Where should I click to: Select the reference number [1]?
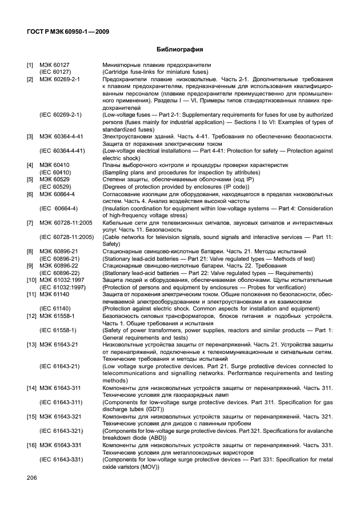coord(30,66)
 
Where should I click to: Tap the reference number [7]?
coord(30,222)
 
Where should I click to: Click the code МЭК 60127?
coord(54,66)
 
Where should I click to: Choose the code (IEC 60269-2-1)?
coord(61,115)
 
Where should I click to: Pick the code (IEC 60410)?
coord(55,172)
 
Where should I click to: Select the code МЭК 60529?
coord(54,180)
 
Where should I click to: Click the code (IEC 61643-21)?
coord(60,366)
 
